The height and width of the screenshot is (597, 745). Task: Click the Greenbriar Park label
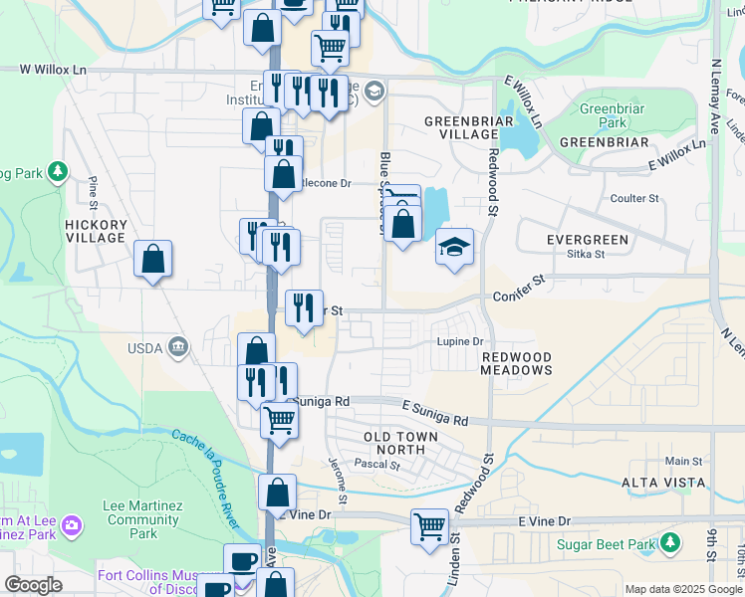point(604,114)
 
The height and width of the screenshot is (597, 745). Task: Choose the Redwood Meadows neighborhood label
point(516,363)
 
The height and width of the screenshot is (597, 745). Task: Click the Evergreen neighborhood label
point(588,240)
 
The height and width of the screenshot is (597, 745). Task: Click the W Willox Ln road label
point(54,71)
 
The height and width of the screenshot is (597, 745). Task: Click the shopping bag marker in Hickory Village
point(152,260)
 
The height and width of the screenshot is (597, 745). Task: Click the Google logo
point(33,585)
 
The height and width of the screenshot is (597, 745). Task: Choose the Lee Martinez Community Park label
point(143,519)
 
